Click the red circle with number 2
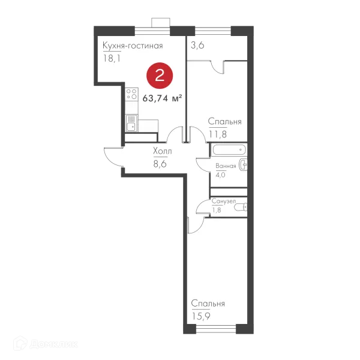coord(160,76)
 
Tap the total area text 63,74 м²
coord(162,98)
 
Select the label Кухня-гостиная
coord(133,46)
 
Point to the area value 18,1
coord(112,59)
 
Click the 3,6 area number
coord(197,45)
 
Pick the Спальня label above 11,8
coord(225,121)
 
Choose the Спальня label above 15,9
coord(208,304)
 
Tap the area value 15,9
coord(201,316)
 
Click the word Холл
coord(163,151)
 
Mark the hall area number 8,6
coord(160,164)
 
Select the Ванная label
coord(226,166)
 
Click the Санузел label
coord(224,201)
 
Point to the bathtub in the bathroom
coord(229,150)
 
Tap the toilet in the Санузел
coord(241,208)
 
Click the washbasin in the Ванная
coord(243,164)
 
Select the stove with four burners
coord(131,94)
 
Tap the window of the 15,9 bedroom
coord(216,329)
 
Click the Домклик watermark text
coord(54,344)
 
